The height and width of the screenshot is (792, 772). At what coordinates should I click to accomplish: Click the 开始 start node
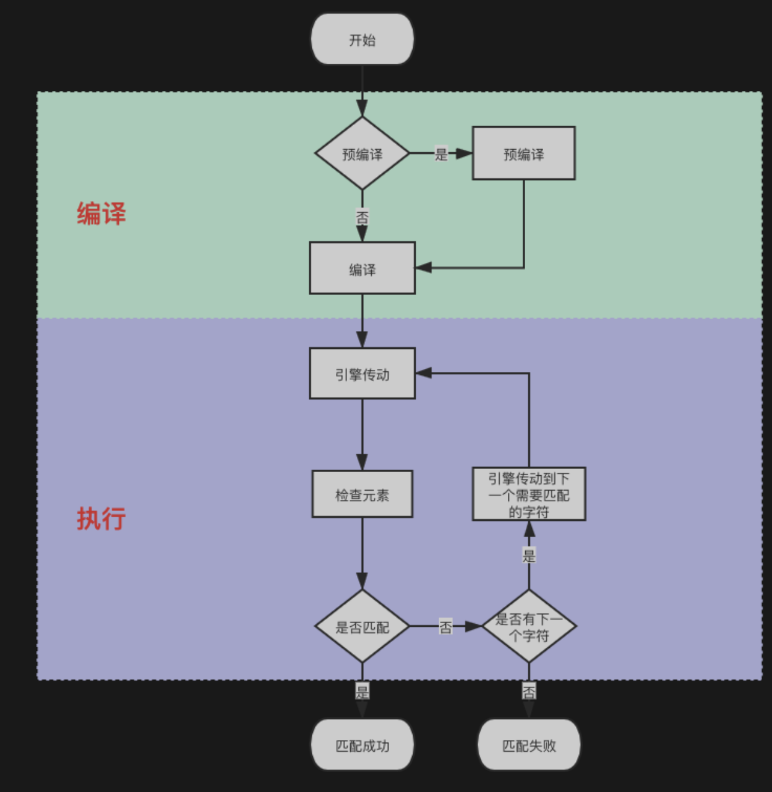click(x=362, y=40)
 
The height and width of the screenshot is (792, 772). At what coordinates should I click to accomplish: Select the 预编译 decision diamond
click(x=362, y=153)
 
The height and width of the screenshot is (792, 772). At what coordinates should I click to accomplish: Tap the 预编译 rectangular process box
click(x=523, y=153)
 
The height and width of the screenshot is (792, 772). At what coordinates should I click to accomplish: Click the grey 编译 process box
click(x=362, y=269)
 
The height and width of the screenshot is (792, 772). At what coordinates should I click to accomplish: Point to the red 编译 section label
click(x=101, y=214)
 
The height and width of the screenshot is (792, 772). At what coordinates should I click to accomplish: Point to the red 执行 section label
click(x=101, y=519)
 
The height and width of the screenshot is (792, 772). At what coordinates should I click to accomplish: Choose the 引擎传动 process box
click(x=362, y=374)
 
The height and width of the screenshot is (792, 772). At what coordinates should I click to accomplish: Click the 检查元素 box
click(x=362, y=494)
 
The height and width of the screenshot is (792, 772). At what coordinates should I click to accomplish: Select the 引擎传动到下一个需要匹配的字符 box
click(x=529, y=494)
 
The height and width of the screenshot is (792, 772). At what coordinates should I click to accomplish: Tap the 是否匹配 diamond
click(x=362, y=626)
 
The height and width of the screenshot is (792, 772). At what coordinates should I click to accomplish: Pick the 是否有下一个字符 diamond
click(x=529, y=626)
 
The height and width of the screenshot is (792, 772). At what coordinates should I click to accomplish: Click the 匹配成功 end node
click(x=362, y=745)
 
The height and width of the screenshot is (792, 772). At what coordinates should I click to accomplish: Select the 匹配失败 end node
click(x=529, y=745)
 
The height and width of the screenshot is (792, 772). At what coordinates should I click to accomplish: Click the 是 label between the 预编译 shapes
click(x=440, y=153)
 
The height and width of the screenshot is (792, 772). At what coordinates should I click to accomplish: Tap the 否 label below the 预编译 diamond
click(x=362, y=217)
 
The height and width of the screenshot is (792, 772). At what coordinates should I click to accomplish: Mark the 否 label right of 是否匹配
click(x=445, y=626)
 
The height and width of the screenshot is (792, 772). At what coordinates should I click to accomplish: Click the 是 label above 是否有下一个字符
click(x=529, y=555)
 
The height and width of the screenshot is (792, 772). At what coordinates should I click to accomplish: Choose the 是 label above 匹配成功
click(x=362, y=691)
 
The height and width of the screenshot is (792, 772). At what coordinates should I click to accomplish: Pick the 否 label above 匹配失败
click(x=529, y=691)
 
